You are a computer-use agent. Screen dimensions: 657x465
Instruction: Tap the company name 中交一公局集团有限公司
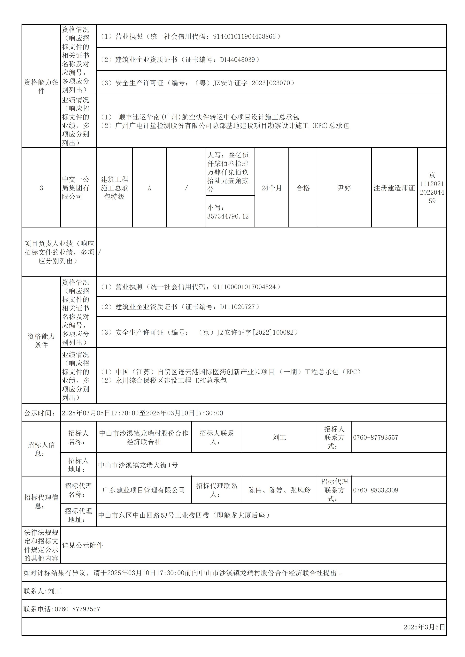click(x=76, y=188)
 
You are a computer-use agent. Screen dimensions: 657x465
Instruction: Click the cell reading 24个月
click(x=271, y=188)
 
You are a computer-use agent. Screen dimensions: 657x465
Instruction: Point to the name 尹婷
click(x=344, y=188)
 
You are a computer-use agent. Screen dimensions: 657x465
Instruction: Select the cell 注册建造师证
click(x=394, y=188)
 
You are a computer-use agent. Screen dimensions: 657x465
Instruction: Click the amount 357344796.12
click(x=228, y=216)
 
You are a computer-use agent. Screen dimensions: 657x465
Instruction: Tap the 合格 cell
click(x=303, y=188)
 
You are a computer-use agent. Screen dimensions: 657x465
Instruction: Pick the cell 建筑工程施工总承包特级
click(x=114, y=188)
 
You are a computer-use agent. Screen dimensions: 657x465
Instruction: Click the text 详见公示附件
click(x=82, y=545)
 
